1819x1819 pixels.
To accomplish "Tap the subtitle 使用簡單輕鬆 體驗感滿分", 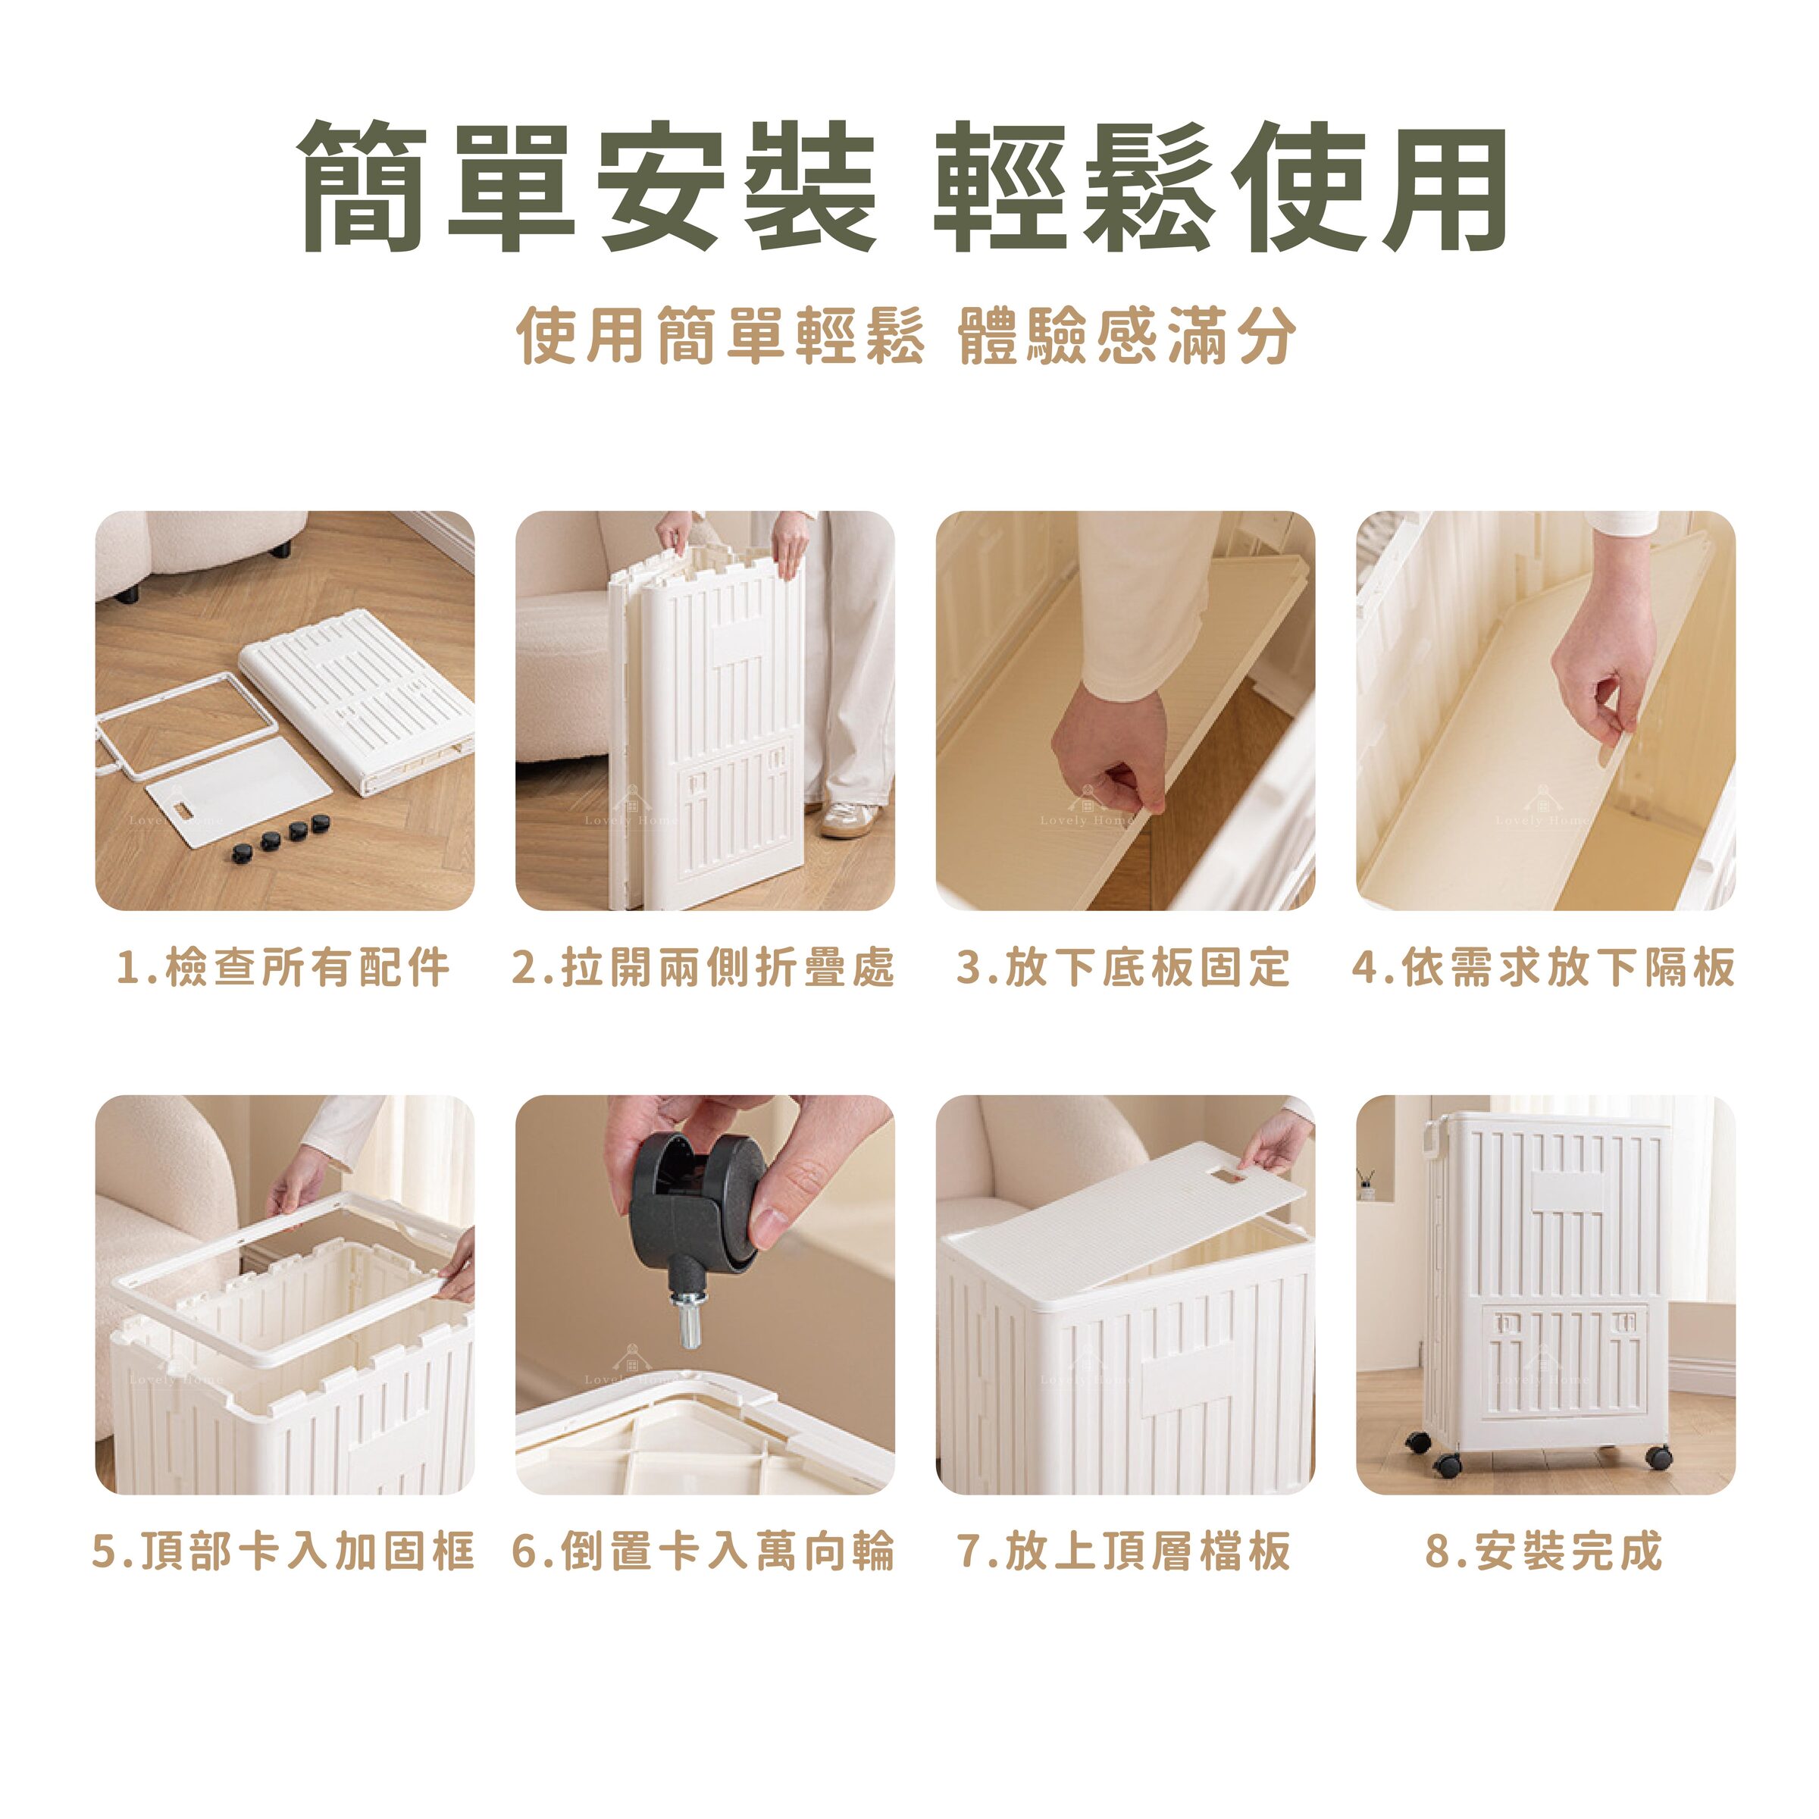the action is click(906, 335).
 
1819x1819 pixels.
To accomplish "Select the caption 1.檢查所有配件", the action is click(283, 967).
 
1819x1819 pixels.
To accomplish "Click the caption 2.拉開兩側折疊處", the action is click(703, 967).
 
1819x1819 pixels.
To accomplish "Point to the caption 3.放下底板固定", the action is click(1123, 967).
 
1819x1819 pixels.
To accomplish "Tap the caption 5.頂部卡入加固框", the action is click(283, 1551).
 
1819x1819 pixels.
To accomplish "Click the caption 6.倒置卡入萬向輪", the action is click(703, 1551).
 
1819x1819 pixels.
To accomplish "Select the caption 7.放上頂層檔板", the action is click(1123, 1551).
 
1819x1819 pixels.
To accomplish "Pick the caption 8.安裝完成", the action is click(1544, 1551).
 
